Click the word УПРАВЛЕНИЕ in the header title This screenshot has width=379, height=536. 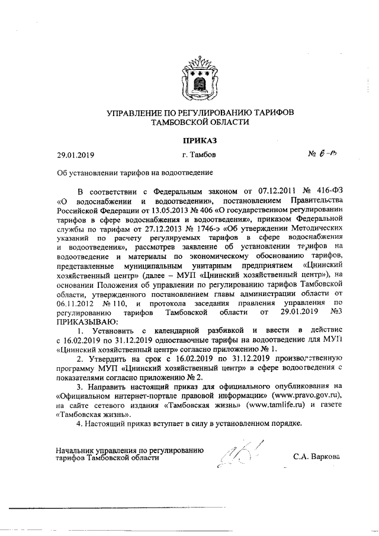[x=139, y=112]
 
